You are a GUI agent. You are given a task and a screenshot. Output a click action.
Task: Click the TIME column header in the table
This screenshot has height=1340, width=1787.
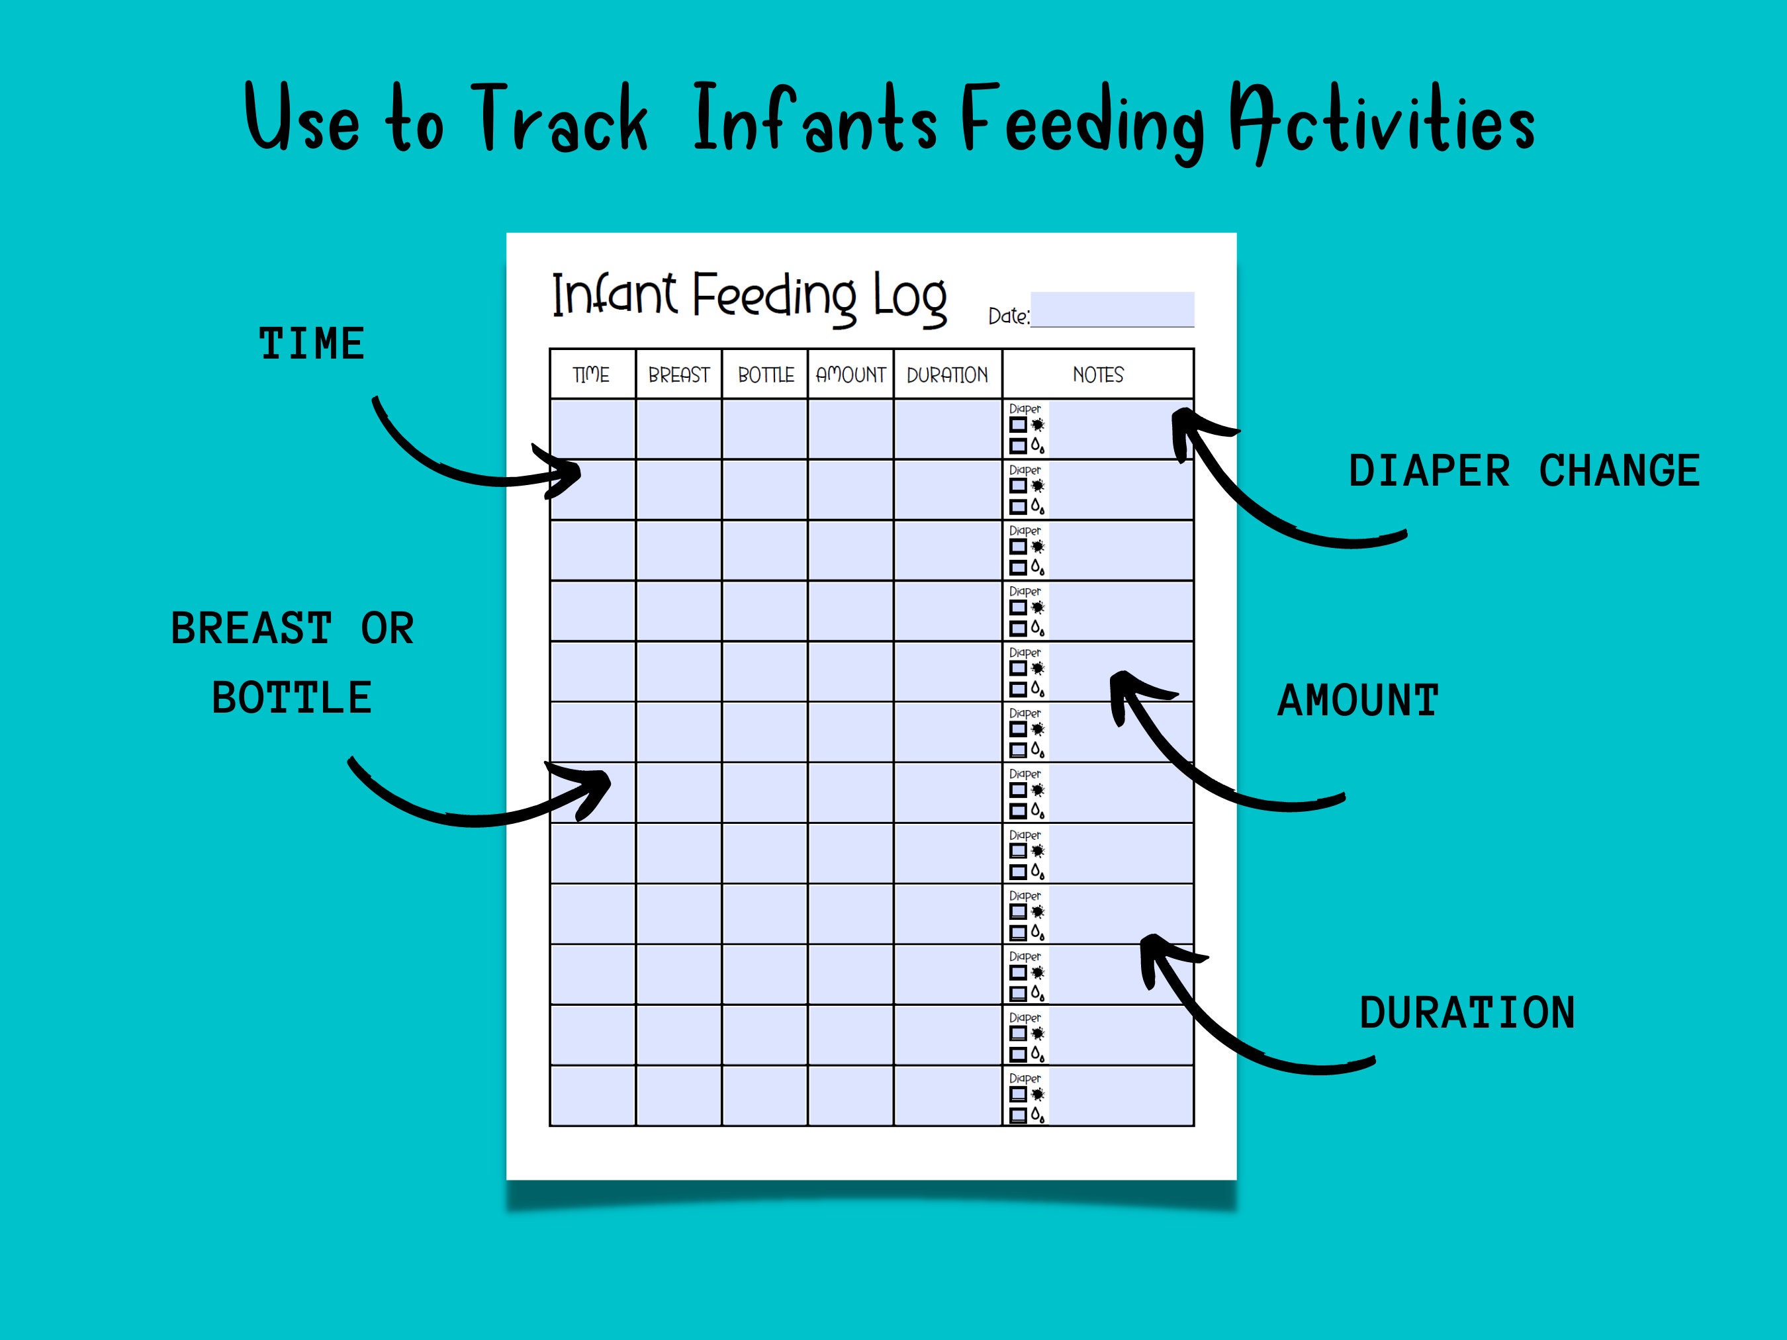591,375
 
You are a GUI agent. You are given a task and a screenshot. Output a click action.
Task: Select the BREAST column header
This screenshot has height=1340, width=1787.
678,375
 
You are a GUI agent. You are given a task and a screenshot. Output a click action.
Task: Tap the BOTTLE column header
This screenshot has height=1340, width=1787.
766,375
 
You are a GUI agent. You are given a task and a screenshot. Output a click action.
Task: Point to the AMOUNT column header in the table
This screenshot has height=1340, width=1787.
850,375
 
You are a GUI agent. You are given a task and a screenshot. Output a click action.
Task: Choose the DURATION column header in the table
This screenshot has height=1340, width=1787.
947,375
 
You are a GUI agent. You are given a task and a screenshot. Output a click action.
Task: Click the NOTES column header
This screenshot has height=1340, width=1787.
1098,375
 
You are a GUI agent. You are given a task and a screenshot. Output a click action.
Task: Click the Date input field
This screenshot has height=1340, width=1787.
1112,309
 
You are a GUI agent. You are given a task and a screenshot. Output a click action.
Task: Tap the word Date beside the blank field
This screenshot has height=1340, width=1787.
1007,316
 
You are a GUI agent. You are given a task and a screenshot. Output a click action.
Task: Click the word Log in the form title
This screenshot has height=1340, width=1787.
909,297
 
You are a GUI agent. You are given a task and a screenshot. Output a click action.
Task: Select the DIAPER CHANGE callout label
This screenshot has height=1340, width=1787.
1524,471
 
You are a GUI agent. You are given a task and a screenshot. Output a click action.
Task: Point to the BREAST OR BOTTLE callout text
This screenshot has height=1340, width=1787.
293,662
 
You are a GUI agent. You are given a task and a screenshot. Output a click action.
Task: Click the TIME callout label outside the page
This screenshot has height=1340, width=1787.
312,344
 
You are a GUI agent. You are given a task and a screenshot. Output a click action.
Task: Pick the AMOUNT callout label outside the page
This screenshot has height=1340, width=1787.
1358,700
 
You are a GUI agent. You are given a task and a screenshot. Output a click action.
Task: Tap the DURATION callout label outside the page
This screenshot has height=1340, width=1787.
1467,1013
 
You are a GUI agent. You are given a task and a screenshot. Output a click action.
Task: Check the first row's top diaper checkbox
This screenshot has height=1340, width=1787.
1018,425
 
